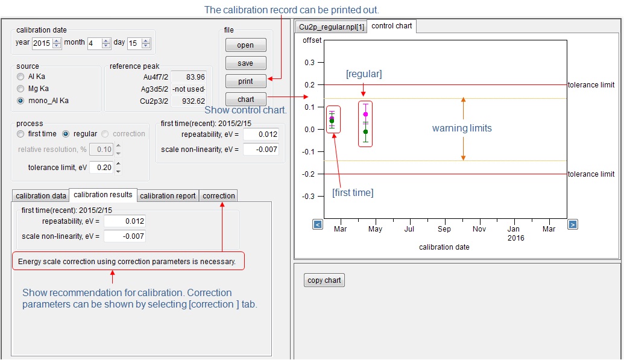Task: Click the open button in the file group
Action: [245, 45]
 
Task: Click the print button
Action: [245, 81]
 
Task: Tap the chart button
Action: [245, 99]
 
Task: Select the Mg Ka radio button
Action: [21, 89]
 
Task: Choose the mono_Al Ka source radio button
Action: [21, 101]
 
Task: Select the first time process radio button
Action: [21, 134]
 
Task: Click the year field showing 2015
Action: [42, 43]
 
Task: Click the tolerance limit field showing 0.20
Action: [101, 168]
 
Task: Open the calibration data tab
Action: [40, 196]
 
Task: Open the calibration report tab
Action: [168, 196]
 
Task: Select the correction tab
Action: [218, 196]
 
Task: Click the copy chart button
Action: [324, 280]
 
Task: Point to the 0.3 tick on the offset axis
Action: [310, 62]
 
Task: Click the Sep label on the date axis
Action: [444, 229]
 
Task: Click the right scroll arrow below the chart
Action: [573, 224]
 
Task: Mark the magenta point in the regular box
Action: [365, 114]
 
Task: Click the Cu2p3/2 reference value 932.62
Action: [193, 101]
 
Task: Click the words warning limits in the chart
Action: [462, 128]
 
